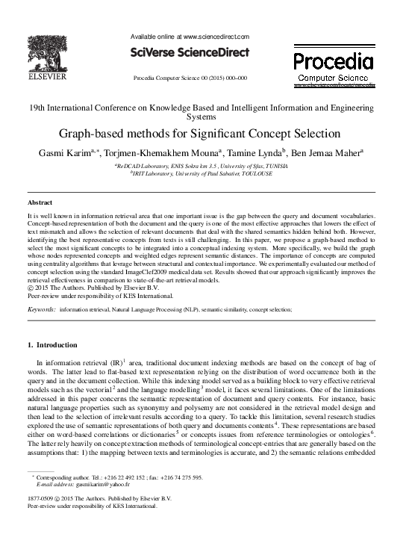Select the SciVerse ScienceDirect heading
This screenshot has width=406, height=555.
(190, 54)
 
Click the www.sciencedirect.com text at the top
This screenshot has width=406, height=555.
(216, 36)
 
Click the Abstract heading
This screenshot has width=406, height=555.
(40, 202)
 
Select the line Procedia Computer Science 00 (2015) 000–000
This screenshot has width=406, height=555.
(190, 78)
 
